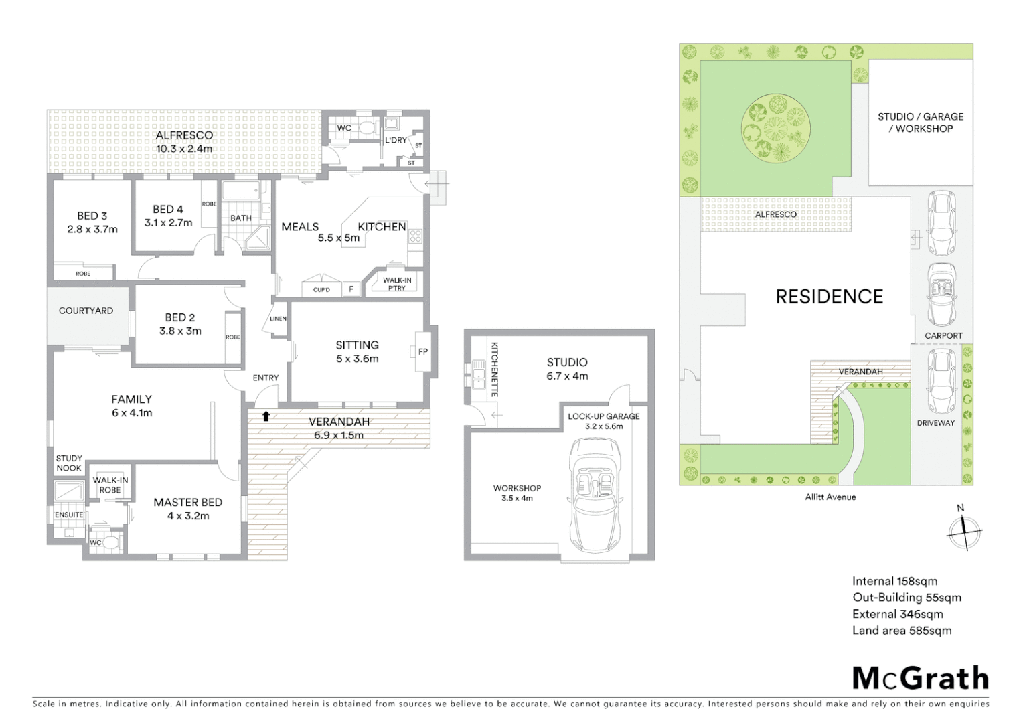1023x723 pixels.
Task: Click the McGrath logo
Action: click(x=920, y=678)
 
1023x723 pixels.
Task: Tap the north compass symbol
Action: click(x=964, y=532)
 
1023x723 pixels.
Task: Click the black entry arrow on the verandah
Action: click(x=266, y=416)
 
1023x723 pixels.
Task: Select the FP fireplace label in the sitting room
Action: click(x=422, y=351)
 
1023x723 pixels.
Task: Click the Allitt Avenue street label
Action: click(x=830, y=497)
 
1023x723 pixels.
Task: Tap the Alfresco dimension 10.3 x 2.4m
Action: click(x=184, y=149)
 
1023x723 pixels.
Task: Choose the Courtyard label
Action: click(x=86, y=311)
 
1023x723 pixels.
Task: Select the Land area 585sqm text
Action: click(x=901, y=630)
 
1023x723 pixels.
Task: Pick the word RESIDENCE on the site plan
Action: click(x=829, y=296)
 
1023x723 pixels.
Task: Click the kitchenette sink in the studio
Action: click(x=479, y=375)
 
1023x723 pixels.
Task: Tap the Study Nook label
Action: click(x=69, y=463)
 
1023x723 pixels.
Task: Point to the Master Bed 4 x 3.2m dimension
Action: click(x=187, y=516)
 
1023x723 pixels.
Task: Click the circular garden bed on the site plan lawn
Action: click(x=776, y=127)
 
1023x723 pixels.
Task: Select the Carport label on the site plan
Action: click(x=943, y=335)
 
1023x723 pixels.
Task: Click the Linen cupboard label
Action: click(x=278, y=319)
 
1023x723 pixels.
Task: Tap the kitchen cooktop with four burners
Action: click(x=415, y=236)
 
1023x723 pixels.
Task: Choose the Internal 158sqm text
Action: click(x=894, y=581)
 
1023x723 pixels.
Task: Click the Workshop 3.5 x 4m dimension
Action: click(x=517, y=498)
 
